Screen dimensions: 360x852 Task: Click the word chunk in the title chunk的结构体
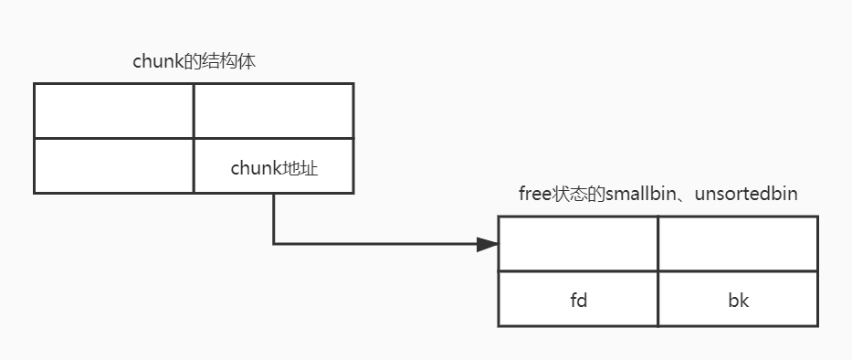tap(153, 63)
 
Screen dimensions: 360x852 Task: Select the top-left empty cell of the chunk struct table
tap(114, 111)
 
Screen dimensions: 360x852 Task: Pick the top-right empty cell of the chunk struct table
tap(273, 111)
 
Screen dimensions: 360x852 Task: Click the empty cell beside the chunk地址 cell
tap(114, 165)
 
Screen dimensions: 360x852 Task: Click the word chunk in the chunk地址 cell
tap(252, 168)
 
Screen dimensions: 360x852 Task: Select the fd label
tap(577, 300)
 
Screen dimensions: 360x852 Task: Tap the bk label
tap(738, 300)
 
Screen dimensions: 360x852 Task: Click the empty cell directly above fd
tap(578, 244)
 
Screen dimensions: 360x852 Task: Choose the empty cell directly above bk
tap(738, 244)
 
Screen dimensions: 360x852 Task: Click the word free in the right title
tap(532, 195)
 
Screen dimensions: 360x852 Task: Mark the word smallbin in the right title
tap(637, 195)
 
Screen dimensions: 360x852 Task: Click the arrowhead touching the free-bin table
tap(488, 244)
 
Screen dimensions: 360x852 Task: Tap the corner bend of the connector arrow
tap(274, 244)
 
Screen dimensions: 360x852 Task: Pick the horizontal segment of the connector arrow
tap(374, 244)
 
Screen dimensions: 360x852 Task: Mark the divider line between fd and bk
tap(657, 299)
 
